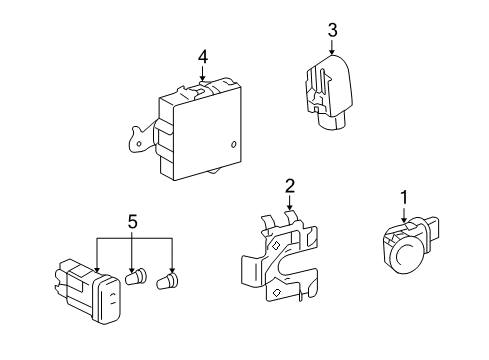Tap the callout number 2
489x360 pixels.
289,185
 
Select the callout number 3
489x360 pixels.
332,30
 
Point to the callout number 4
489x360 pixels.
203,58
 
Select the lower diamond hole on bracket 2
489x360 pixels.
276,293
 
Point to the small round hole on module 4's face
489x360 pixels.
233,145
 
